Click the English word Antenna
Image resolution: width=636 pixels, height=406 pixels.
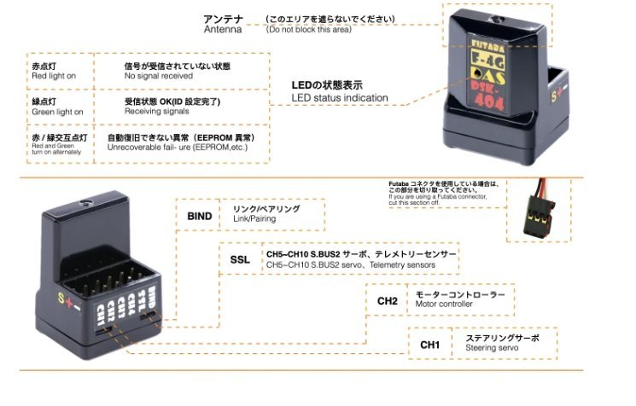(x=224, y=30)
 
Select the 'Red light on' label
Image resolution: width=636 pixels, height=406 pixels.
(x=55, y=76)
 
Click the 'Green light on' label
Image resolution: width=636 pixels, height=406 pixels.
(x=57, y=112)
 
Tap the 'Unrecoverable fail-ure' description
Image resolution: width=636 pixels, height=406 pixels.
(x=180, y=148)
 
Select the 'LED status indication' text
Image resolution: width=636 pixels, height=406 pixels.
(x=340, y=98)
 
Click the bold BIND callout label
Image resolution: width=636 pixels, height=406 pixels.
(x=199, y=216)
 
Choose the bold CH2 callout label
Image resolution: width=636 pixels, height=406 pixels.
(x=387, y=301)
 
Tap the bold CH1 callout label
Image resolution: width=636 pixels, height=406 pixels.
(x=429, y=345)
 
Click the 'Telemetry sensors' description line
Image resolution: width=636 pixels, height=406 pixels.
(x=350, y=265)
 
